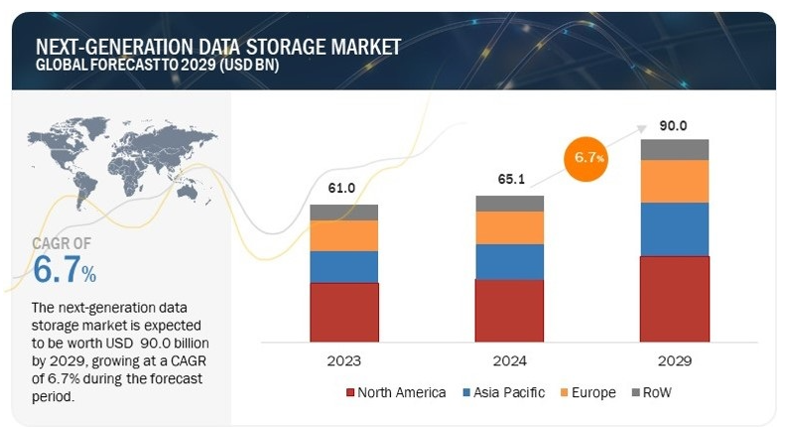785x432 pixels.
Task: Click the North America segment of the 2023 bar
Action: click(x=344, y=312)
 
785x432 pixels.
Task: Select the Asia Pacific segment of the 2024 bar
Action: click(x=510, y=261)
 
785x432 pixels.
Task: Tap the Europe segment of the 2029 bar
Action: click(x=675, y=181)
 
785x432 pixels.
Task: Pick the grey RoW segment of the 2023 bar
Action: click(x=344, y=212)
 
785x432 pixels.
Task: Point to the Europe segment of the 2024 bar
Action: click(x=510, y=227)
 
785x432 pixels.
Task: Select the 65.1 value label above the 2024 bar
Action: click(x=509, y=180)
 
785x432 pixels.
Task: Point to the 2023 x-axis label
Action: click(x=343, y=360)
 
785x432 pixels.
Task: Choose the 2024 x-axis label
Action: click(x=509, y=360)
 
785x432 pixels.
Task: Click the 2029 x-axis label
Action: click(x=675, y=360)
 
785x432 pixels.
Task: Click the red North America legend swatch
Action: click(x=349, y=392)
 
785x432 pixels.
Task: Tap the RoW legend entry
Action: click(x=660, y=392)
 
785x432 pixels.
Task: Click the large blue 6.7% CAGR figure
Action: click(x=65, y=269)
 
